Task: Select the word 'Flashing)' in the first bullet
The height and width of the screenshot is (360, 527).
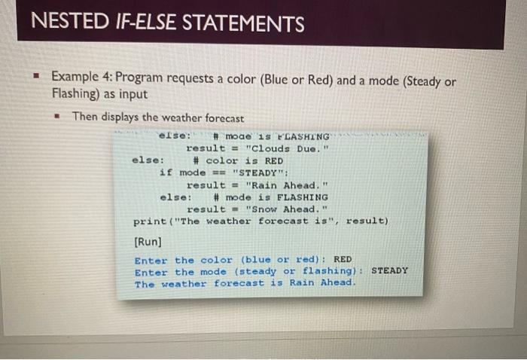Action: [75, 96]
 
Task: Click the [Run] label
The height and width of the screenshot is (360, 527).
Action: [146, 243]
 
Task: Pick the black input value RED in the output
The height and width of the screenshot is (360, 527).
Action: [343, 259]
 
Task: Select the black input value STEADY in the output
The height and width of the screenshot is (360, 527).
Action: [389, 271]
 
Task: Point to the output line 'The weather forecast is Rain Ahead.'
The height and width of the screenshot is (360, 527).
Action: [244, 284]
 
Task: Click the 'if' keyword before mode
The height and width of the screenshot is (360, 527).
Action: [166, 172]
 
